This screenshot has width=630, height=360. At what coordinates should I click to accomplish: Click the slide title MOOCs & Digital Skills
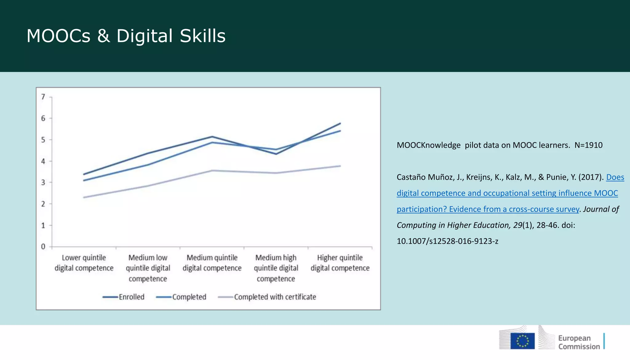click(x=126, y=36)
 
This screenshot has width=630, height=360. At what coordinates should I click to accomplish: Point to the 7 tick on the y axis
click(x=43, y=97)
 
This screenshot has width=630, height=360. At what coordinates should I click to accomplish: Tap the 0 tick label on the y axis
click(x=43, y=246)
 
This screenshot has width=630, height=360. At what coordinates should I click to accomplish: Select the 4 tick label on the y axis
click(x=43, y=161)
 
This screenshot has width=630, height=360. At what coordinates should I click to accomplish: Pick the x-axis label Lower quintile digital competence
click(x=84, y=263)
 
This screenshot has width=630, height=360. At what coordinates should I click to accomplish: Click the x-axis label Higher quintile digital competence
click(x=340, y=263)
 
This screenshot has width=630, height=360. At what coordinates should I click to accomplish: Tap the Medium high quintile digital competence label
click(x=276, y=268)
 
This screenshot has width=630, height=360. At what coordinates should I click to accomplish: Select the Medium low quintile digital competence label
click(x=148, y=268)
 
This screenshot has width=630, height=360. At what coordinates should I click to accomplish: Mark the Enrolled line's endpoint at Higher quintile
click(x=340, y=123)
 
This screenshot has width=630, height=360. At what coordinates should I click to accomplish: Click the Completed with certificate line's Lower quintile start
click(x=84, y=197)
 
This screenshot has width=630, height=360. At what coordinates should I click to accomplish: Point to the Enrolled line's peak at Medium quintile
click(x=212, y=137)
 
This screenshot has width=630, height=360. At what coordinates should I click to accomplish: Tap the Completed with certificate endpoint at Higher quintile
click(x=340, y=166)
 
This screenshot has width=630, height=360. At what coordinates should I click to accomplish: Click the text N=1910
click(x=588, y=145)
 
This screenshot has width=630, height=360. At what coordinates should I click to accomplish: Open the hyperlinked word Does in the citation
click(x=615, y=177)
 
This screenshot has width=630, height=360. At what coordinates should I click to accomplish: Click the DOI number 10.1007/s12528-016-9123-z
click(x=447, y=241)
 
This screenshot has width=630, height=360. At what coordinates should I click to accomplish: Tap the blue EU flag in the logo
click(x=522, y=341)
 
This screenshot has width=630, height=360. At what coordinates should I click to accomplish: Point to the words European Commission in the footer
click(x=579, y=342)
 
